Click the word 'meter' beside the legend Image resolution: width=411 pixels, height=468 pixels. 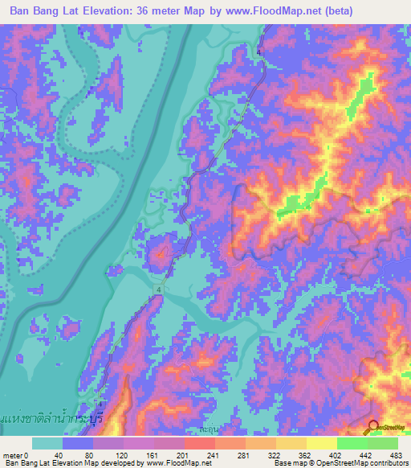pyautogui.click(x=14, y=454)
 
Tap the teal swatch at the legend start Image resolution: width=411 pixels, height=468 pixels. pyautogui.click(x=47, y=443)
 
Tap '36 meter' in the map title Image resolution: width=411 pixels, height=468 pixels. pyautogui.click(x=161, y=11)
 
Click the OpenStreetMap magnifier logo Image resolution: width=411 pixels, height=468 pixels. pyautogui.click(x=373, y=429)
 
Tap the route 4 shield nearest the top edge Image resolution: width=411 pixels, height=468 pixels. pyautogui.click(x=258, y=52)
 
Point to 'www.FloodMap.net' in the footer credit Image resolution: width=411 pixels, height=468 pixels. pyautogui.click(x=177, y=463)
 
